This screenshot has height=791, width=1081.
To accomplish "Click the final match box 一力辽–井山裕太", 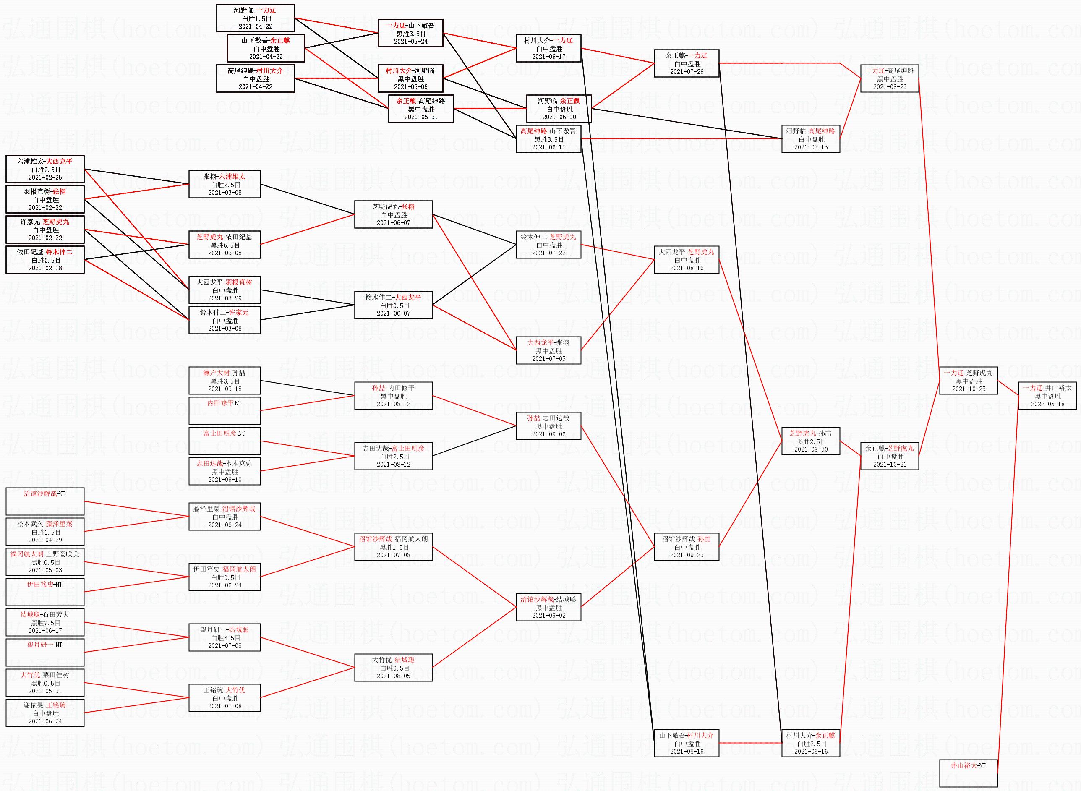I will click(1047, 396).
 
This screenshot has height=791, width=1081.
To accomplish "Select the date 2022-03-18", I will click(1047, 404).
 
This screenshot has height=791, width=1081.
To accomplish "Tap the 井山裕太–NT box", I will click(969, 773).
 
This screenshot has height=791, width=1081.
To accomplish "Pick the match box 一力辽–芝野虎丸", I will click(969, 381).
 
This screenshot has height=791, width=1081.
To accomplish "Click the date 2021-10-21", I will click(890, 465).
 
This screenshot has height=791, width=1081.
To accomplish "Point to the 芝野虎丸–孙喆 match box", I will click(810, 441).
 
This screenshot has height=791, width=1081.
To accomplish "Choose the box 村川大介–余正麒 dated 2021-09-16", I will click(810, 743).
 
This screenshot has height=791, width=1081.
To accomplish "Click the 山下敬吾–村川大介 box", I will click(687, 743).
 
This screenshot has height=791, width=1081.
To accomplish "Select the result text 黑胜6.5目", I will click(225, 245).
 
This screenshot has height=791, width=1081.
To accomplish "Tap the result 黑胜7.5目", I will click(45, 623).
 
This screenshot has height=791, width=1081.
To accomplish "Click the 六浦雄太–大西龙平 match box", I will click(45, 169).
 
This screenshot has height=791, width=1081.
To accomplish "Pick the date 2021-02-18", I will click(45, 268).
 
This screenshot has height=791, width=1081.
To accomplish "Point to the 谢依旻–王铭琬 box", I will click(45, 713).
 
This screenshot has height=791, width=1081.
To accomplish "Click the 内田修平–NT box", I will click(225, 410).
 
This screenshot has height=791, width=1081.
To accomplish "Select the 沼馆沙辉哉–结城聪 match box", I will click(548, 607).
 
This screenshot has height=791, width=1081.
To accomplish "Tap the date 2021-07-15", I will click(810, 147).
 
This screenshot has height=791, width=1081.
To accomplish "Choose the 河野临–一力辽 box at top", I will click(255, 18).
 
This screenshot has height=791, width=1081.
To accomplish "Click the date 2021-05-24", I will click(411, 42).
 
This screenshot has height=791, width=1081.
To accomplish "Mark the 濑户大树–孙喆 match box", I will click(225, 381).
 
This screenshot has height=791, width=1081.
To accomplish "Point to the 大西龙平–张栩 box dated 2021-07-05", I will click(548, 350).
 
